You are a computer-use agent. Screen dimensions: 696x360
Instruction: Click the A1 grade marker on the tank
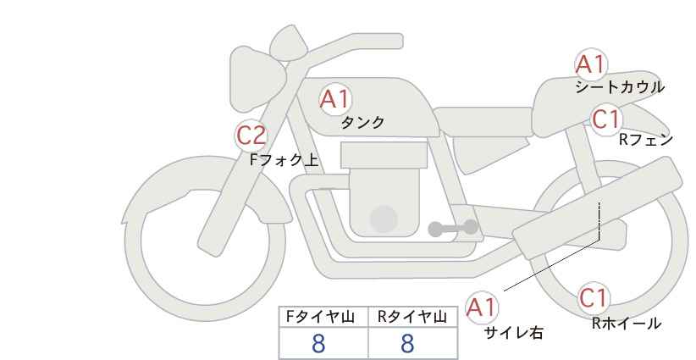coord(335,99)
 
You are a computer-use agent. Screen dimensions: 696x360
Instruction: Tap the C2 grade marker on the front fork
coord(251,135)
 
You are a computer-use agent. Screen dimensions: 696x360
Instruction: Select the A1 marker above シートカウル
coord(591,64)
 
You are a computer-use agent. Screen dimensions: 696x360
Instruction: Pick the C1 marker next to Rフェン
coord(606,119)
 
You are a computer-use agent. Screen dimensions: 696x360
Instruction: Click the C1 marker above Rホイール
coord(594,298)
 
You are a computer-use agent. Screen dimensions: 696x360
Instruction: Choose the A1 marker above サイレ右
coord(482,307)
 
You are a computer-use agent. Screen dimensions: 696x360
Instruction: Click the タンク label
coord(362,123)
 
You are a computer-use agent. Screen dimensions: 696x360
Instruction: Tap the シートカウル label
coord(620,87)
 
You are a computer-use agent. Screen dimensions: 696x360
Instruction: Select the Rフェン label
coord(646,140)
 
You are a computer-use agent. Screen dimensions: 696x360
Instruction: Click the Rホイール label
coord(627,324)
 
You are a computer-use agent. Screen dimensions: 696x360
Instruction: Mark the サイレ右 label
coord(514,333)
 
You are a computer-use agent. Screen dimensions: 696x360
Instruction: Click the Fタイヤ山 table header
coord(320,317)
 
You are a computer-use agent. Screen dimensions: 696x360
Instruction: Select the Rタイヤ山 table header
coord(412,317)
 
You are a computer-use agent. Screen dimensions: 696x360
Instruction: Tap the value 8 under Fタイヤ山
coord(318,344)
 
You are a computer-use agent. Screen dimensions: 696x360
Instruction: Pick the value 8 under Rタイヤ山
coord(407,344)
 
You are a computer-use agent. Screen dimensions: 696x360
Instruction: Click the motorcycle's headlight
coord(255,80)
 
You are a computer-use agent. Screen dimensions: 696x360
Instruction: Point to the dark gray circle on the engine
coord(384,219)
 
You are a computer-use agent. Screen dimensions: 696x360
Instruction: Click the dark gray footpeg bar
coord(453,228)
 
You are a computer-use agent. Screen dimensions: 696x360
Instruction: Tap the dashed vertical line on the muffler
coord(599,220)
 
